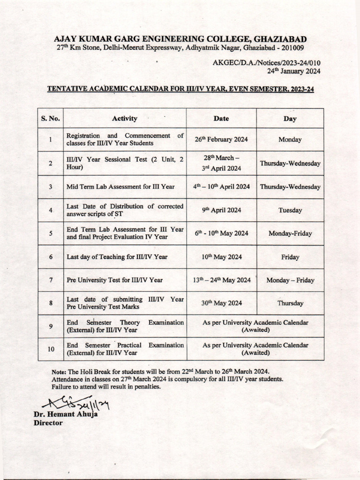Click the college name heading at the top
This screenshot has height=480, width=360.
tap(181, 38)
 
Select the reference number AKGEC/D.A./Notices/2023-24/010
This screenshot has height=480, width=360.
tap(267, 63)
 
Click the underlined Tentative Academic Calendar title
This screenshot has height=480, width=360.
tap(180, 89)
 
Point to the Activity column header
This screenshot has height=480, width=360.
tap(125, 119)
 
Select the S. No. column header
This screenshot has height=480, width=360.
tap(50, 119)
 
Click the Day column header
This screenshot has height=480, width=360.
tap(290, 119)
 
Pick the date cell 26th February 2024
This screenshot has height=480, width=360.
tap(221, 140)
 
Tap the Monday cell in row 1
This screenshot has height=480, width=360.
tap(290, 140)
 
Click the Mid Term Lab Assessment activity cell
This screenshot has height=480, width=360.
tap(120, 187)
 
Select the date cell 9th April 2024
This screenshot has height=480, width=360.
tap(221, 210)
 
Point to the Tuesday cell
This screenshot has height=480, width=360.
tap(290, 210)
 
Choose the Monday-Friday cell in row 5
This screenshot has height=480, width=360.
tap(290, 233)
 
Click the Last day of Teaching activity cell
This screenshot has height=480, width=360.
tap(117, 257)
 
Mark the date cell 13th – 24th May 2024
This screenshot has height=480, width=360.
tap(221, 280)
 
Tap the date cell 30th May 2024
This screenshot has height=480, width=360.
tap(221, 303)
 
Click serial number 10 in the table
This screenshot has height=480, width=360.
tap(51, 349)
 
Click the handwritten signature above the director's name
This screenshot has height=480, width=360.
tap(75, 402)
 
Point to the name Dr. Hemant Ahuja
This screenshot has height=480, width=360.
tap(65, 414)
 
